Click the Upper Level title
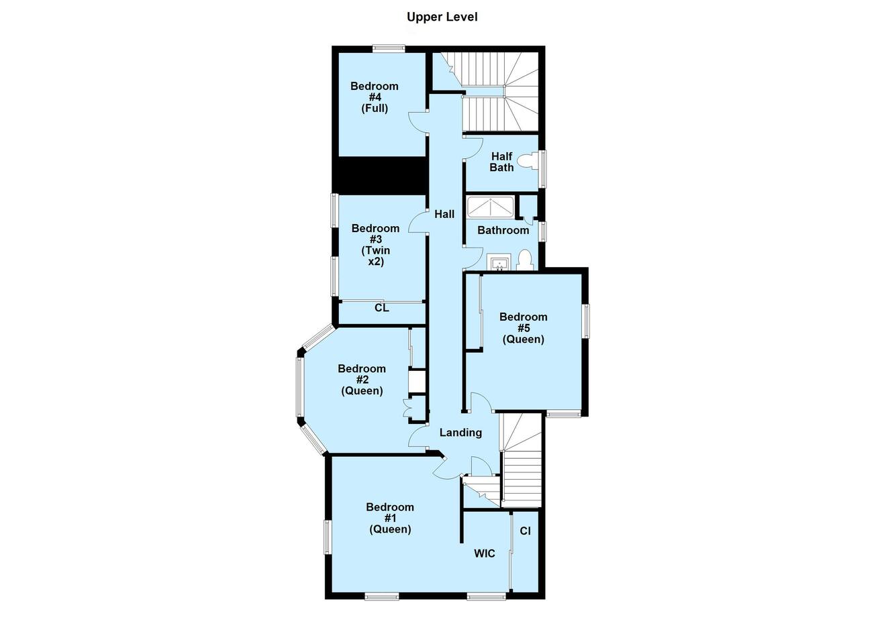[x=442, y=17]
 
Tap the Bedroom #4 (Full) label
[x=374, y=97]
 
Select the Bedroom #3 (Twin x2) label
[x=375, y=245]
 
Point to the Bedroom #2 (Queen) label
[x=362, y=380]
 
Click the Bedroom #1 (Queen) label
[x=390, y=518]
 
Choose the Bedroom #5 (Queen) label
[x=524, y=328]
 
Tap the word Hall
[x=444, y=214]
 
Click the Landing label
[x=461, y=433]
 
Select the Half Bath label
[x=501, y=162]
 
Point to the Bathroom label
[x=503, y=230]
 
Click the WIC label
[x=485, y=553]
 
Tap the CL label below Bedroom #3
[x=382, y=307]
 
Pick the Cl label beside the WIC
[x=526, y=531]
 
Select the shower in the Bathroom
[x=491, y=207]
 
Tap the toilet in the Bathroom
[x=526, y=260]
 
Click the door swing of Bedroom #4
[x=417, y=121]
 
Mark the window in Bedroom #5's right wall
[x=586, y=321]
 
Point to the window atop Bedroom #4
[x=389, y=49]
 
